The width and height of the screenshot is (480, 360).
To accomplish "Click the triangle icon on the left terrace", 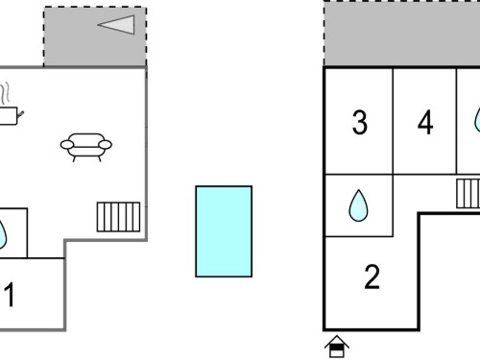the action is tap(119, 24).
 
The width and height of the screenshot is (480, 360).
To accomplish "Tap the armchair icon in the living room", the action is tap(86, 147).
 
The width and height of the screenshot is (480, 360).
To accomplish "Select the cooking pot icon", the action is tap(10, 116).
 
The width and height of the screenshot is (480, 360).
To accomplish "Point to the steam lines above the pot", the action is tap(5, 93).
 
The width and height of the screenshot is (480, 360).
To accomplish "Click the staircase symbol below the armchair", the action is tap(118, 217).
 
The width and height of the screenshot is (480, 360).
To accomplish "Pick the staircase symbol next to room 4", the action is tap(468, 194).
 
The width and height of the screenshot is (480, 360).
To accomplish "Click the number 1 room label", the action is tap(10, 295).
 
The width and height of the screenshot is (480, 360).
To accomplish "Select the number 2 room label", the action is tap(372, 276).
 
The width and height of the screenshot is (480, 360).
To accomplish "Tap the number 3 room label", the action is tap(360, 122).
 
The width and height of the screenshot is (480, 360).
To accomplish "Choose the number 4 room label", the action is tap(425, 122).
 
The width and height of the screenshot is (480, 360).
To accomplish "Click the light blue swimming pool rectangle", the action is tap(224, 231).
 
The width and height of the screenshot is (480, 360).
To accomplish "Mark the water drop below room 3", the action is tap(358, 205).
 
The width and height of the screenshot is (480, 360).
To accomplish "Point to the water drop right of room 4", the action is tap(477, 120).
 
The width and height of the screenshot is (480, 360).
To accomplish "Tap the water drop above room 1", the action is tap(3, 233).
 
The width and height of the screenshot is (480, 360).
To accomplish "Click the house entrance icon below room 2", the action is tap(337, 347).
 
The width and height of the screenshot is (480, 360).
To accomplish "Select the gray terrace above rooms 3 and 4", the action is tap(401, 34).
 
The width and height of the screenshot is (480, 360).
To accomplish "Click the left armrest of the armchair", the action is tap(67, 145).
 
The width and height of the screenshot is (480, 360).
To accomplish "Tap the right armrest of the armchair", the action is tap(105, 145).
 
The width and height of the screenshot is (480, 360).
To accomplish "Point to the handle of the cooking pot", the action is tap(21, 114).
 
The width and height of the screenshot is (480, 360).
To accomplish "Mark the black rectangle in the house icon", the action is tap(336, 348).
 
